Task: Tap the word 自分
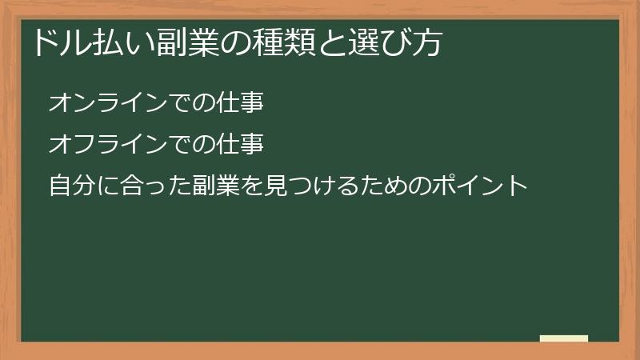(x=72, y=186)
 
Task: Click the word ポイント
(x=480, y=186)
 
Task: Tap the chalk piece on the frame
(x=564, y=338)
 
